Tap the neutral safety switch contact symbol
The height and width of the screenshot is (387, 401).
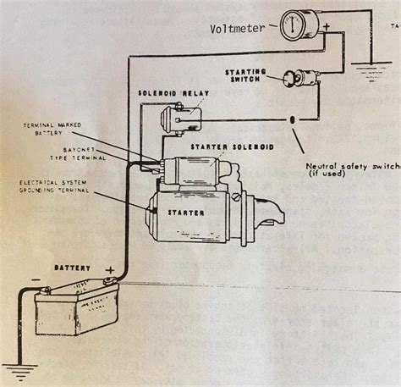point(293,118)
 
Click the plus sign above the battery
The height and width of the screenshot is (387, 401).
point(108,270)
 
